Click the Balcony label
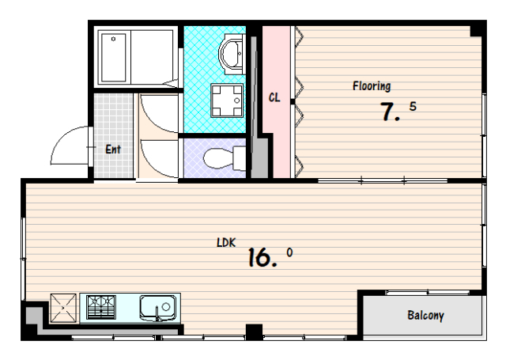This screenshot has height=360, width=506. (x=425, y=315)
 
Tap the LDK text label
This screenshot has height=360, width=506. (x=226, y=242)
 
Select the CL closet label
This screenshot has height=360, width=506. (x=274, y=97)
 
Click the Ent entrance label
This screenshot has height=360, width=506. (x=113, y=150)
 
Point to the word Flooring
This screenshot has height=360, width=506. (x=372, y=86)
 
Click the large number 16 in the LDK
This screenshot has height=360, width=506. (x=259, y=257)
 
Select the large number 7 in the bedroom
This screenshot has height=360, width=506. (x=387, y=112)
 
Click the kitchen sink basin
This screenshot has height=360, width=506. (x=158, y=308)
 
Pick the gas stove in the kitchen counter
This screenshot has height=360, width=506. (x=101, y=307)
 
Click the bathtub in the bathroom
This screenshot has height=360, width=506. (x=113, y=58)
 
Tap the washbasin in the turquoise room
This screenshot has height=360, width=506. (x=231, y=54)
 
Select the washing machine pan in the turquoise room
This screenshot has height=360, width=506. (x=227, y=100)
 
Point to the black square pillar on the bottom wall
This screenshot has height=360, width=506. (x=254, y=332)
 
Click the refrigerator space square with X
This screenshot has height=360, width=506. (x=63, y=308)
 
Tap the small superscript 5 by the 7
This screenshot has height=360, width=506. (x=413, y=106)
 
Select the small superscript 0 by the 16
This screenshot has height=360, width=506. (x=289, y=252)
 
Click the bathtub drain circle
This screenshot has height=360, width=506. (x=113, y=39)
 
